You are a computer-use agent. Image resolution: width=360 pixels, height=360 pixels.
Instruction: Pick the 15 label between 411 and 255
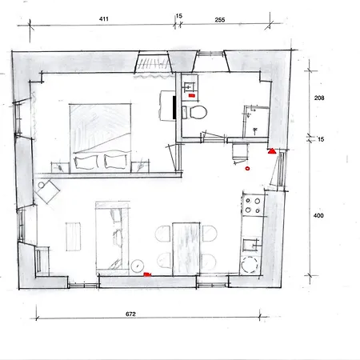[179, 16]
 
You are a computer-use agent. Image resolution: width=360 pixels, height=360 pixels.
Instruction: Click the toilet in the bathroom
[197, 110]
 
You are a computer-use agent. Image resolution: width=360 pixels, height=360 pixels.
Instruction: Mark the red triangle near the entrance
[272, 150]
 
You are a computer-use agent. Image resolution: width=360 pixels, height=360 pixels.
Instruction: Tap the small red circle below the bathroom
[247, 169]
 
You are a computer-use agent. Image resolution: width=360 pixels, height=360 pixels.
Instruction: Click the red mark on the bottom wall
[147, 274]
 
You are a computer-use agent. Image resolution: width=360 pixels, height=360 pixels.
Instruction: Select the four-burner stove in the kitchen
[253, 206]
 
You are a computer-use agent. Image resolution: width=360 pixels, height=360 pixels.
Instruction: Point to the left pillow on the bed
[86, 162]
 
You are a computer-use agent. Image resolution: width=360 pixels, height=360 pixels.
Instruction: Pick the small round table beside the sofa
[138, 264]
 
